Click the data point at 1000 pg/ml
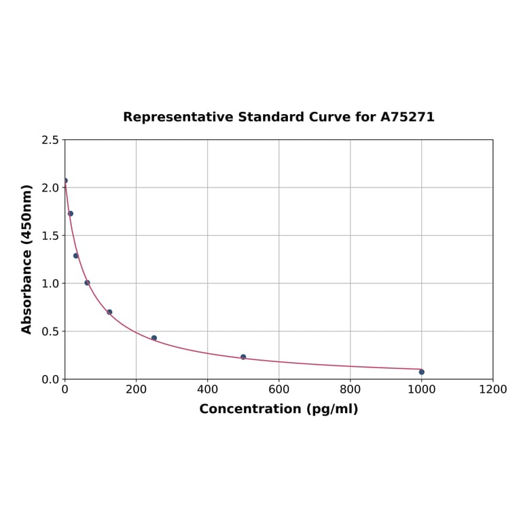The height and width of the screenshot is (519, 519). [421, 372]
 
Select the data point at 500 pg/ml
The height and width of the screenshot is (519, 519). [243, 357]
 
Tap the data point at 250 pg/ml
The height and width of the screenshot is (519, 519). [154, 338]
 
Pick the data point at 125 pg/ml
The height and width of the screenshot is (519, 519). [109, 312]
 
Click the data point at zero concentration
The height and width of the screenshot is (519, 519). [65, 181]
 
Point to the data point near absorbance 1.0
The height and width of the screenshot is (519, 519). [87, 283]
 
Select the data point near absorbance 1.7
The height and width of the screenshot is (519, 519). [71, 213]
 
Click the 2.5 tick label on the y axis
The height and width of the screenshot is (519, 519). [50, 140]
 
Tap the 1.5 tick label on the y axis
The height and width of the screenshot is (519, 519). [50, 236]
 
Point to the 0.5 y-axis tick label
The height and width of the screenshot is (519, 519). [50, 332]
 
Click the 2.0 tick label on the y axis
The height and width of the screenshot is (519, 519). [50, 187]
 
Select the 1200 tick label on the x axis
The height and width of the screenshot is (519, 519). [493, 389]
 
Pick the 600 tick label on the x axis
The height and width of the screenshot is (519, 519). [279, 389]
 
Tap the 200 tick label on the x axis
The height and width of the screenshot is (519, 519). [136, 389]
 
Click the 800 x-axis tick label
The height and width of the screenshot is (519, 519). [350, 389]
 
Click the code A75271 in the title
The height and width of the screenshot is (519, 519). [407, 117]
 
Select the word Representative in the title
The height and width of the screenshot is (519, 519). [178, 117]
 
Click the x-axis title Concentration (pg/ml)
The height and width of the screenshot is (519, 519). [279, 409]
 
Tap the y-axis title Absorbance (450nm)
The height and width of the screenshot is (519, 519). [27, 259]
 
